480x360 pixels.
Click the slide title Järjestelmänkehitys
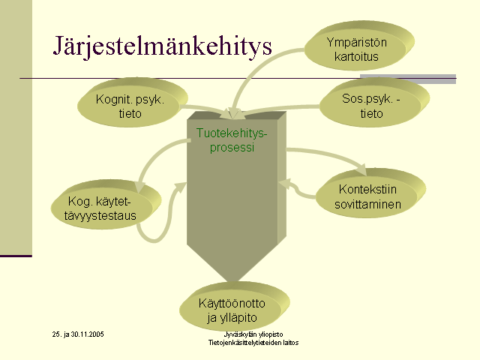point(163,46)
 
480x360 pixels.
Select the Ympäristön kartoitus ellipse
point(359,46)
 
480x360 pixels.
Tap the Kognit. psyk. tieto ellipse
point(132,102)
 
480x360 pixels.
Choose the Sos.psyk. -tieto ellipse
point(374,102)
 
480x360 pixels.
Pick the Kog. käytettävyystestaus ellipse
point(106,205)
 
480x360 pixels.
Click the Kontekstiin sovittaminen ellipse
point(370,193)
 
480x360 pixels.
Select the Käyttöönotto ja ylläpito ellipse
point(235,307)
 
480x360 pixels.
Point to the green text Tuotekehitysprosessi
point(232,140)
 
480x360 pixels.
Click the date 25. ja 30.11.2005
point(78,334)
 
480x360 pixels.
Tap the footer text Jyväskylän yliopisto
point(253,334)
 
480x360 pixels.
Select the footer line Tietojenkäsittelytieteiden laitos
point(253,343)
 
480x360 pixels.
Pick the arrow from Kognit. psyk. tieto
point(208,109)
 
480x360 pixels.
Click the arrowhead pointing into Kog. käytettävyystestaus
point(140,186)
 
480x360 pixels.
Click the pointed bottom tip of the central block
point(232,281)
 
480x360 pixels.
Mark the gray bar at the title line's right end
point(408,79)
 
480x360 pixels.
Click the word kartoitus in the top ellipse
point(356,57)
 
